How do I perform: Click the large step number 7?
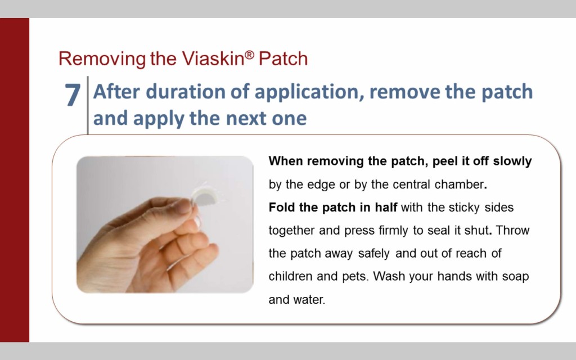pos(73,94)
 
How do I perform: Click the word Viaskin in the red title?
pos(213,58)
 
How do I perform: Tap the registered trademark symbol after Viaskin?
pos(249,55)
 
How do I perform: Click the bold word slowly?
pos(512,161)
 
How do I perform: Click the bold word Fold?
pos(282,207)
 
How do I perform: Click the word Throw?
pos(512,230)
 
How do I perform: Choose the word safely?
pos(373,254)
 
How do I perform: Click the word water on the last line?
pos(309,300)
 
